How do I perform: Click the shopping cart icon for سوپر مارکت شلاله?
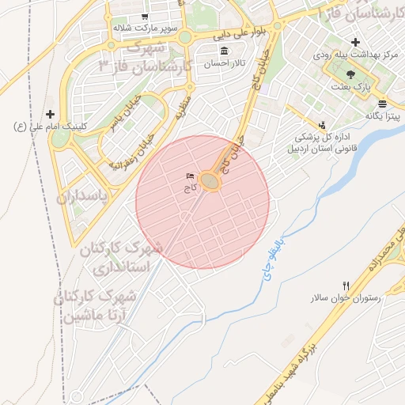tap(145, 17)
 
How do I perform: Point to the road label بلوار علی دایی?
tap(259, 32)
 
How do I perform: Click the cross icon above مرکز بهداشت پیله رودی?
tap(355, 42)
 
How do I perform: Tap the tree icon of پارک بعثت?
tap(350, 72)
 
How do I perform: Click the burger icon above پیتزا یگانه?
tap(382, 104)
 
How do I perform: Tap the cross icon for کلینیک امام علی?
tap(51, 115)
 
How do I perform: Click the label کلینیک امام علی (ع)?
tap(40, 127)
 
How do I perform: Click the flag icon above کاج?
tap(190, 176)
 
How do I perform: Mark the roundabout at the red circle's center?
tap(210, 181)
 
